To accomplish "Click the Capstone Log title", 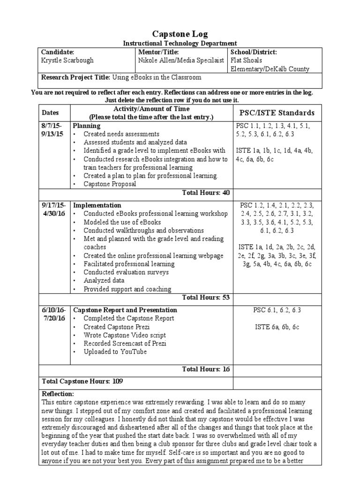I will (x=180, y=34).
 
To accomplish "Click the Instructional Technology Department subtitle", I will (x=180, y=43).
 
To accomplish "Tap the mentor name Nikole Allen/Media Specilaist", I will (x=181, y=60).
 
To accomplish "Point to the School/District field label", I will (x=254, y=52).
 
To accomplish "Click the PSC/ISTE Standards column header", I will (x=274, y=113).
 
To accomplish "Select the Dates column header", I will (x=51, y=113).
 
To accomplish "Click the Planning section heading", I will (x=87, y=126).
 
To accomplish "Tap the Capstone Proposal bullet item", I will (x=110, y=184).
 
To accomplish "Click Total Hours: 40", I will (x=206, y=193).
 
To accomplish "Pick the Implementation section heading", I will (x=97, y=205).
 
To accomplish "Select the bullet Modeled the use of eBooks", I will (x=122, y=222).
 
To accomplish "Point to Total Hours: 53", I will (x=206, y=297).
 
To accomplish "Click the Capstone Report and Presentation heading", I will (x=125, y=310).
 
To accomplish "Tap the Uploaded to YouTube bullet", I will (x=115, y=352).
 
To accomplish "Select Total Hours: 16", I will (x=206, y=369).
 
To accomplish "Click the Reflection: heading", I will (x=58, y=394).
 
